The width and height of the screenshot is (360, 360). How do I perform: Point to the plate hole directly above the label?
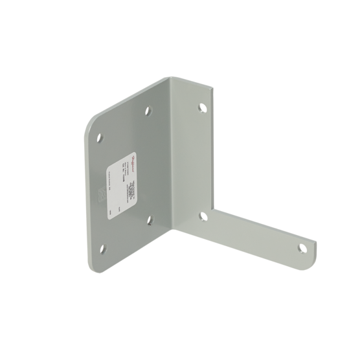149,110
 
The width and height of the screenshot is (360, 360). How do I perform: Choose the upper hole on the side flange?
201,106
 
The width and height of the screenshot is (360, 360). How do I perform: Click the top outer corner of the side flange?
213,91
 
